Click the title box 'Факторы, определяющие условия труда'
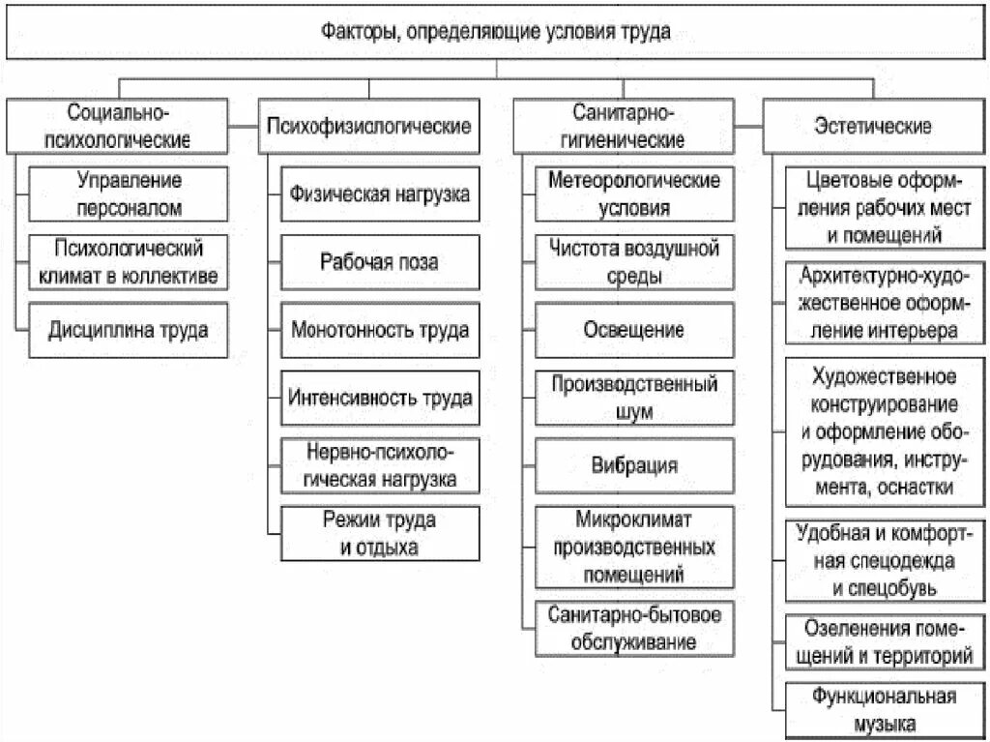point(495,32)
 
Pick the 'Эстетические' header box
point(873,126)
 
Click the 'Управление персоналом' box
point(130,193)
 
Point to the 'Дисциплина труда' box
point(130,330)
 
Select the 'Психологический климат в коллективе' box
point(130,262)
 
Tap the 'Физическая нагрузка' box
point(380,193)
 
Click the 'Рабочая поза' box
point(380,262)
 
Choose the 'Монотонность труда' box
point(380,330)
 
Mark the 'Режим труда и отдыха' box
point(380,533)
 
